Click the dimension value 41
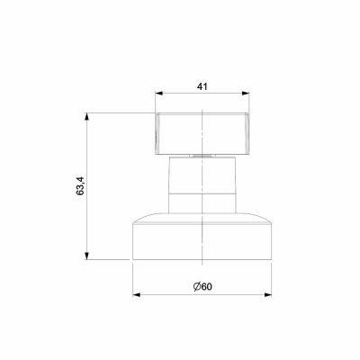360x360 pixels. [x=202, y=86]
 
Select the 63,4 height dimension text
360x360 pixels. [x=80, y=186]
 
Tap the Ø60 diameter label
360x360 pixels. [x=202, y=287]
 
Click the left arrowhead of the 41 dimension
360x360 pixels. [x=159, y=93]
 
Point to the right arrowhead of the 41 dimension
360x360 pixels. [x=246, y=93]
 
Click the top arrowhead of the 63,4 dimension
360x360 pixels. [x=86, y=117]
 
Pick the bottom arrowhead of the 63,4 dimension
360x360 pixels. [x=86, y=256]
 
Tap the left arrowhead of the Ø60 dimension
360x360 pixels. [x=137, y=295]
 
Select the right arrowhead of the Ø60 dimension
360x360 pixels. [x=268, y=295]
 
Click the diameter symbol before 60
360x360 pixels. [x=197, y=287]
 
